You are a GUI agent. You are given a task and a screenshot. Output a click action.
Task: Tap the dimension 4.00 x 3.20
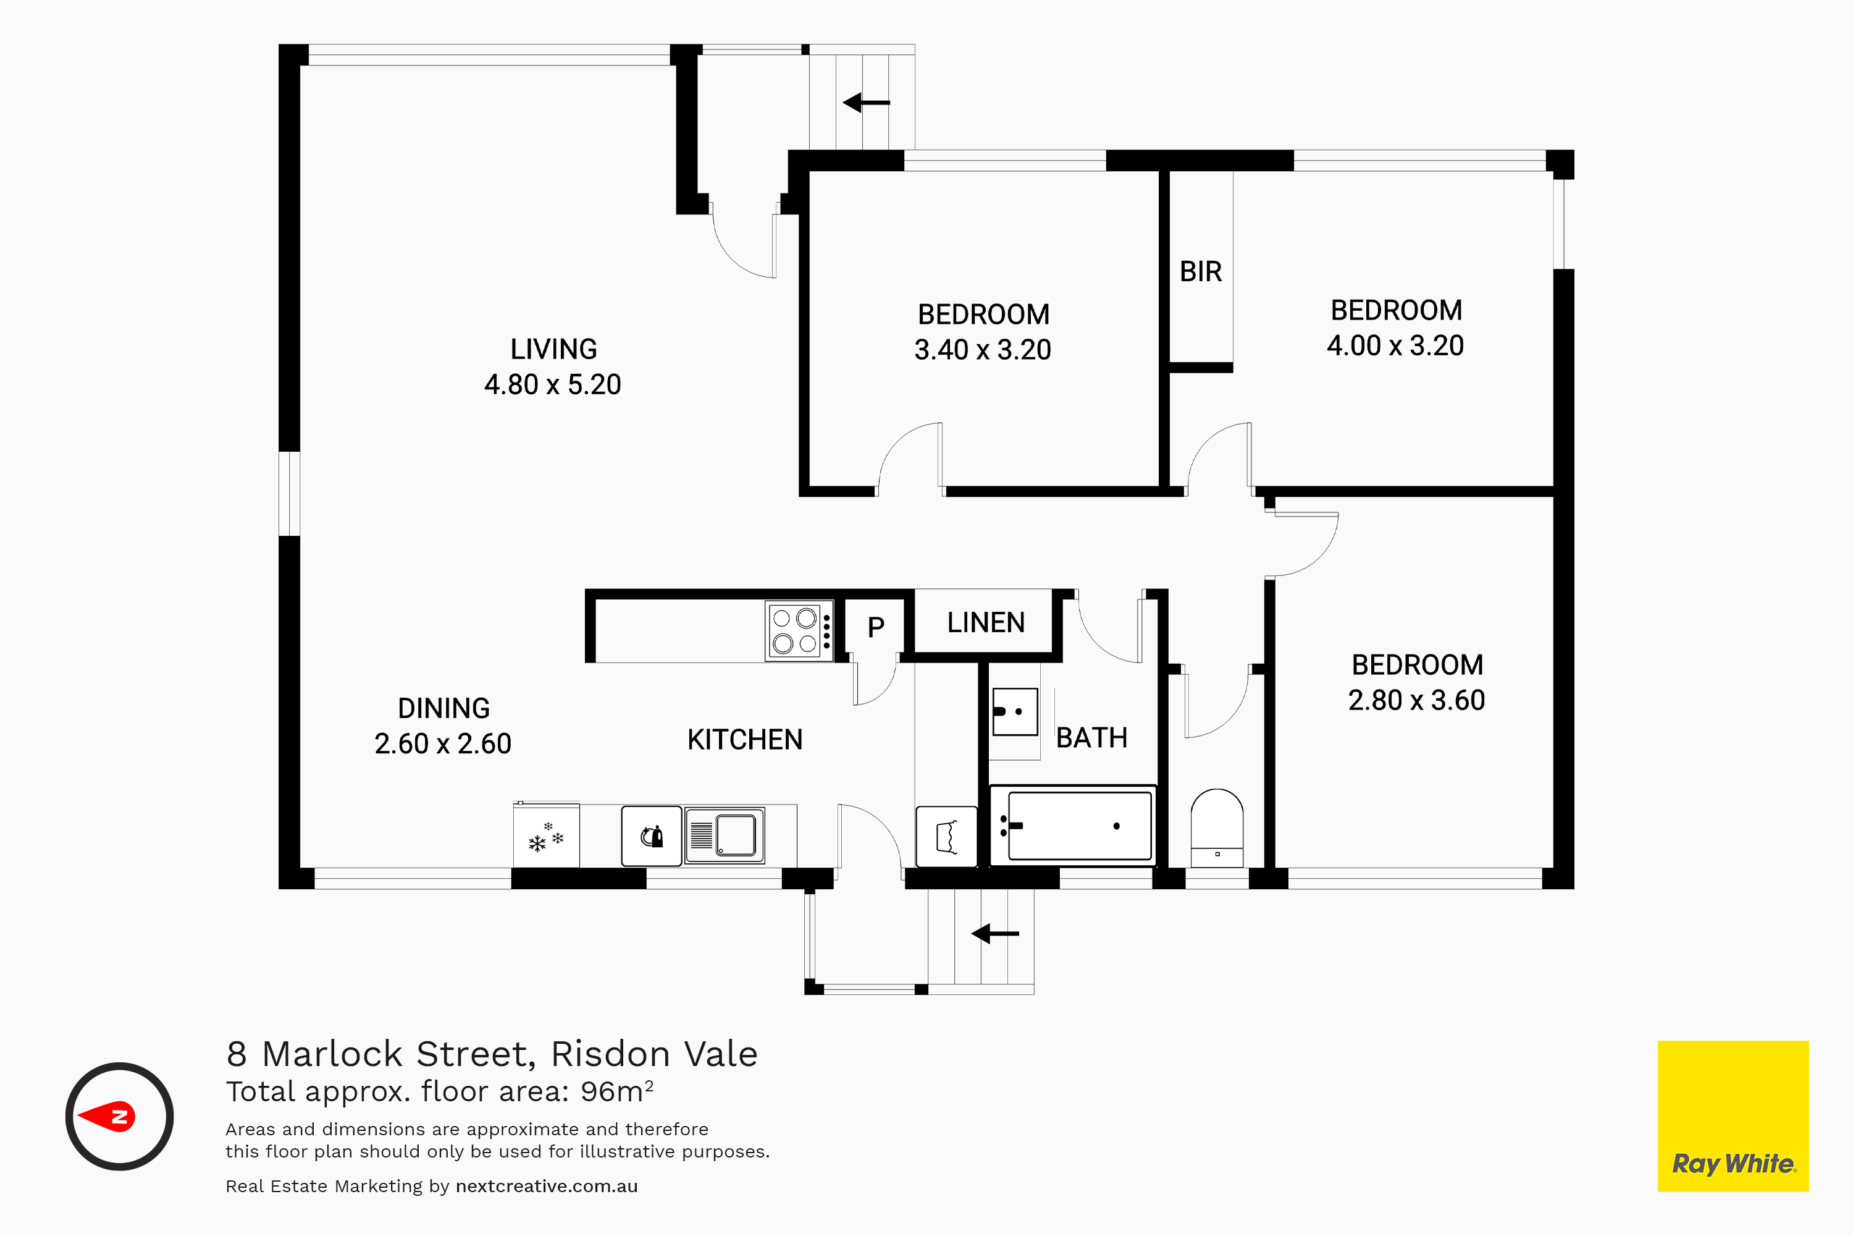coord(1395,345)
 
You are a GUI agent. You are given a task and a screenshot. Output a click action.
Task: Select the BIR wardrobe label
coord(1201,272)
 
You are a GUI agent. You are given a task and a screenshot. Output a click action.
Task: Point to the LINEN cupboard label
coord(986,623)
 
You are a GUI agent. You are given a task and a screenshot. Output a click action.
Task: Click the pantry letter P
coord(876,627)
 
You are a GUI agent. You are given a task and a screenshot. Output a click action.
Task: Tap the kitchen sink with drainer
coord(725,836)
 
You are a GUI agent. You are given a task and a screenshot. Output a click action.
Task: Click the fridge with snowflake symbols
coord(546,836)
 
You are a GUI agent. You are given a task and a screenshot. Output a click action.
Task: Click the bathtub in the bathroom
coord(1073,825)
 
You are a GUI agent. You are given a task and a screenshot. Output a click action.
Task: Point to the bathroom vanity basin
coord(1015,712)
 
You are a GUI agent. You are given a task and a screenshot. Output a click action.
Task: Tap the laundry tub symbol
coord(947,836)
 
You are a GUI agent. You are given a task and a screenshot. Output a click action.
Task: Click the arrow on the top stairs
coord(866,103)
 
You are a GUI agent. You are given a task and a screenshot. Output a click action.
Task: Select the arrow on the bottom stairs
coord(994,934)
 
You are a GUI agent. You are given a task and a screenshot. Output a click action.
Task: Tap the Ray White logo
coord(1733,1116)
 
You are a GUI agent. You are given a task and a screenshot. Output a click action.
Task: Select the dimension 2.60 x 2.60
coord(443,743)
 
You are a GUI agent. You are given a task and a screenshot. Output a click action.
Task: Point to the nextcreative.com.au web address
coord(547,1187)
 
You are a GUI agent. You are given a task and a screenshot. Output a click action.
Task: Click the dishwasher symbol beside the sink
coord(652,836)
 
